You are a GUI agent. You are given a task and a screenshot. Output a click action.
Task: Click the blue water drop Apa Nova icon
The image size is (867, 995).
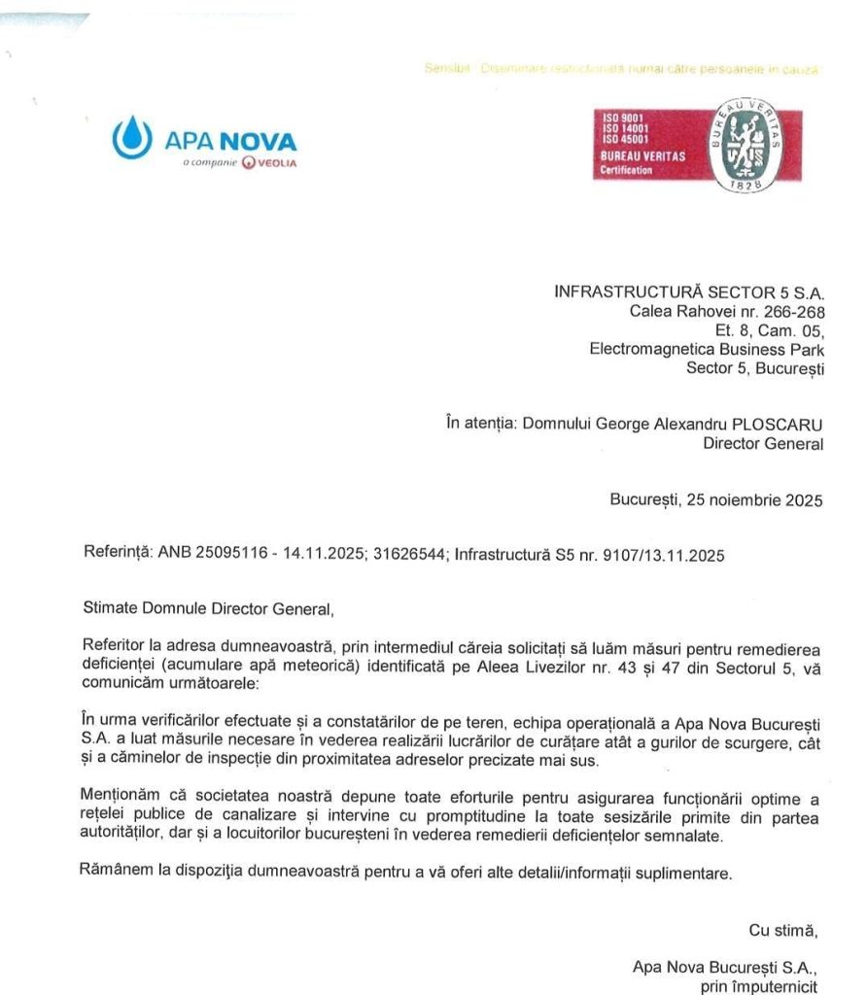[132, 138]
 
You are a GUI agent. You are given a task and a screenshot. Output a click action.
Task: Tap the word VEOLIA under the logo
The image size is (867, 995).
[276, 162]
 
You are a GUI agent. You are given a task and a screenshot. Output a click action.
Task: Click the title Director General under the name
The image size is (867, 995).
[763, 444]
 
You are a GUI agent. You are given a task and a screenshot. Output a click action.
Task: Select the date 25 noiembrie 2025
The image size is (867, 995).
[754, 500]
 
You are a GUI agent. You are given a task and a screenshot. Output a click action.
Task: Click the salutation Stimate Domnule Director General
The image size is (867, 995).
[209, 611]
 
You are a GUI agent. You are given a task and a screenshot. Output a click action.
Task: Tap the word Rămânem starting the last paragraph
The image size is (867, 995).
[115, 873]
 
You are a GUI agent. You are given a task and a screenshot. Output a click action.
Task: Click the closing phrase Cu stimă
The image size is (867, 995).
[783, 930]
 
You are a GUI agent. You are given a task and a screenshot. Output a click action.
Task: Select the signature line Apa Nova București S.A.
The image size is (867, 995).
[725, 967]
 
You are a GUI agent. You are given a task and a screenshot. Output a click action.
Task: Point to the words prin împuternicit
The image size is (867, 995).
[761, 985]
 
